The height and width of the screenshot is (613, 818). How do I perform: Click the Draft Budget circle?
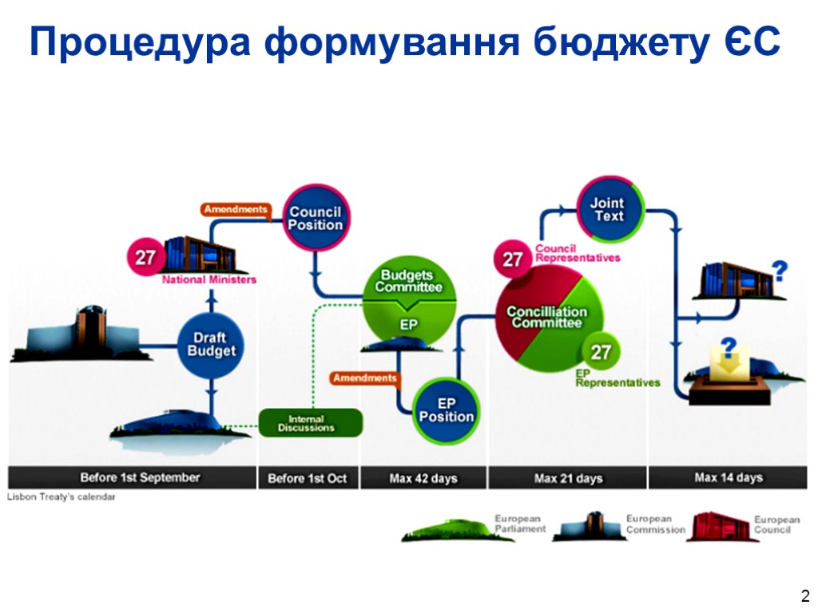point(212,345)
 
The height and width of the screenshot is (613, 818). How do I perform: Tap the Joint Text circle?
point(610,210)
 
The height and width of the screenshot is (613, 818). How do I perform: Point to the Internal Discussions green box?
point(311,423)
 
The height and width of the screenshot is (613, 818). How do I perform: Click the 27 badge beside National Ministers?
point(145,259)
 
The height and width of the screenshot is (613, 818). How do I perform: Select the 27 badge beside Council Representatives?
point(512,259)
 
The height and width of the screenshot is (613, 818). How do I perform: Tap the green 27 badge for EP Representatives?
point(601,352)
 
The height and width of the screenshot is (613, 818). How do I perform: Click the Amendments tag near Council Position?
point(235,209)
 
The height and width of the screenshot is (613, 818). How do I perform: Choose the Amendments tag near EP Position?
point(364,378)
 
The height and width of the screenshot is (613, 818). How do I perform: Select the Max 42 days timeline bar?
point(423,478)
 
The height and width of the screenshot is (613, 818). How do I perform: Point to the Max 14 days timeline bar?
point(728,477)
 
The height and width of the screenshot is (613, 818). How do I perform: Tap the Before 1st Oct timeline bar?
point(308,478)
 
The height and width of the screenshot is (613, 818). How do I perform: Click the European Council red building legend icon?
point(717,527)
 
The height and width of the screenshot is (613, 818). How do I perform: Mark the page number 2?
point(804,595)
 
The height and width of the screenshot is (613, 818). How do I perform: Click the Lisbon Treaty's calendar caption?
point(62,497)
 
